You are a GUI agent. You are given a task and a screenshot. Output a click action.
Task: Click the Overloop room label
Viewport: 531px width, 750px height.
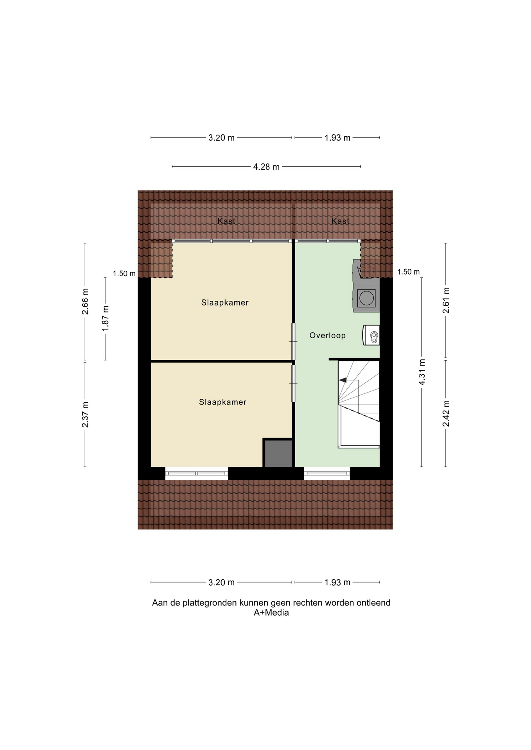click(x=327, y=335)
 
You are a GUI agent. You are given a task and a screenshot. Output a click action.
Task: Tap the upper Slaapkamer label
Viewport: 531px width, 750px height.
click(x=225, y=302)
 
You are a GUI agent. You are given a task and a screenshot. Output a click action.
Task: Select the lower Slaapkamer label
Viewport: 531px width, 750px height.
click(x=222, y=402)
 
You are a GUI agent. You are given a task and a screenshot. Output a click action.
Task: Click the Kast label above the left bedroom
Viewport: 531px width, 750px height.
click(x=226, y=221)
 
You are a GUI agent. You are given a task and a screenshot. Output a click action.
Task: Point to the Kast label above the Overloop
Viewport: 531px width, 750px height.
click(x=340, y=221)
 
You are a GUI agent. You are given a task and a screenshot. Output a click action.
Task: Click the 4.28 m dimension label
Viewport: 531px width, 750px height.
click(x=266, y=167)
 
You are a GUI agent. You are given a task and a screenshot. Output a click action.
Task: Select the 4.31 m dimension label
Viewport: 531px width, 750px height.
click(x=422, y=372)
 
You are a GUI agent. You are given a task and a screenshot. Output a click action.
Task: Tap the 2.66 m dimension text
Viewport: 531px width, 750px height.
click(x=85, y=301)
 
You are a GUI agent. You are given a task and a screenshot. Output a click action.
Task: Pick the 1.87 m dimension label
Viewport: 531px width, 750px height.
click(x=105, y=318)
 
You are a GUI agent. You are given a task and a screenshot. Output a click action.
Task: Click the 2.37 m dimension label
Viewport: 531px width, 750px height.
click(x=85, y=414)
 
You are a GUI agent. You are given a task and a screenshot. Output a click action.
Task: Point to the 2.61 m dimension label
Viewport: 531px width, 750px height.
click(x=446, y=300)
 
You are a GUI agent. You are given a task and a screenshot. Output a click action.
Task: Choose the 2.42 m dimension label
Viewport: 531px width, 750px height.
click(x=446, y=413)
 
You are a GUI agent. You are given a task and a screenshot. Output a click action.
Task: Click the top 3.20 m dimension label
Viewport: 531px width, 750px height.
click(x=221, y=137)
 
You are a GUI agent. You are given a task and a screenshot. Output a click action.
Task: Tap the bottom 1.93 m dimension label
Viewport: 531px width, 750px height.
click(x=337, y=582)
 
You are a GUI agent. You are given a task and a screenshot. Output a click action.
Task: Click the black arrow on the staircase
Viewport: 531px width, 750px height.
click(x=343, y=380)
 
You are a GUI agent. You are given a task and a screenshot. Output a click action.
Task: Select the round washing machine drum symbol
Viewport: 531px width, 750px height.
click(x=366, y=298)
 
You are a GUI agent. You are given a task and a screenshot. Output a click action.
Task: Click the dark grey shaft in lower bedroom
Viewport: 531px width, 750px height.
click(x=278, y=453)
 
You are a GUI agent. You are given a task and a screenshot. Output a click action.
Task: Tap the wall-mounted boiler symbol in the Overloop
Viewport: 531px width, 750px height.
click(x=371, y=335)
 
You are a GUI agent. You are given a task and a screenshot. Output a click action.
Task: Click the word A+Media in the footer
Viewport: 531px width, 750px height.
click(x=271, y=612)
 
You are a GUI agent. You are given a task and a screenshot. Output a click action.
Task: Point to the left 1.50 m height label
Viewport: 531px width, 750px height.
click(x=124, y=273)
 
